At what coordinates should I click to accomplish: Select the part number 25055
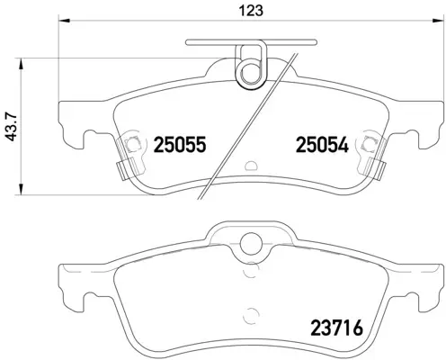click(182, 143)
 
